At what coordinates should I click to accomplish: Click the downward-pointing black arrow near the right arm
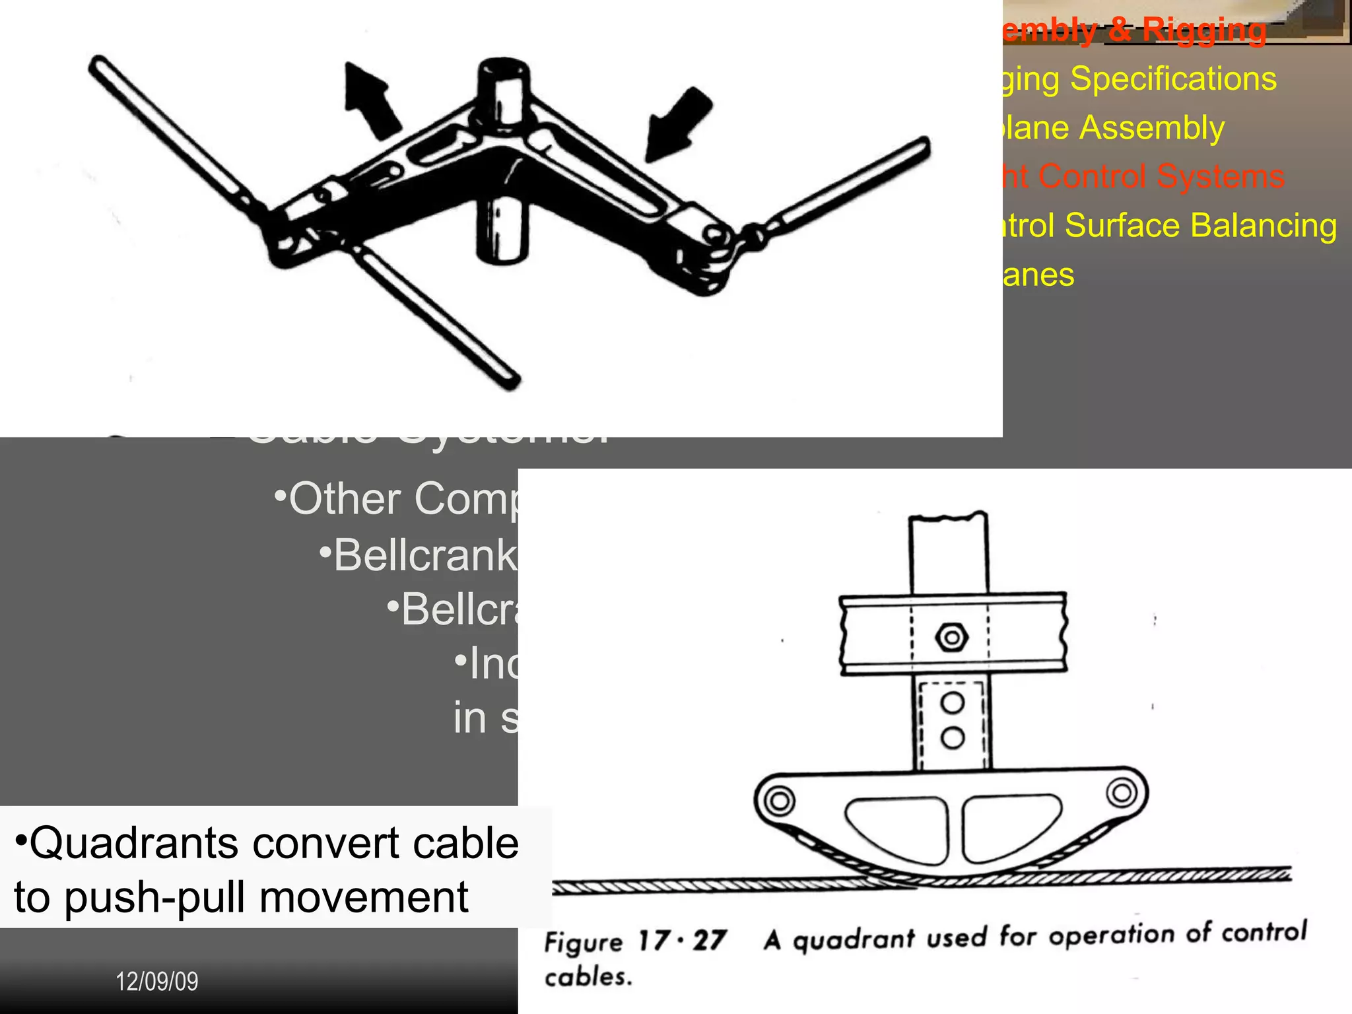(x=678, y=124)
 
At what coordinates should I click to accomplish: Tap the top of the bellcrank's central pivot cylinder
(x=503, y=70)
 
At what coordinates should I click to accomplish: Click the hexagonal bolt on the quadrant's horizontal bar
(x=951, y=638)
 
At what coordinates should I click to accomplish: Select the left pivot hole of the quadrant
(x=780, y=801)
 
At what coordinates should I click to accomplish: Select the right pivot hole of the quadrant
(x=1121, y=792)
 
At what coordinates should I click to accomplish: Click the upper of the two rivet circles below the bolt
(x=952, y=702)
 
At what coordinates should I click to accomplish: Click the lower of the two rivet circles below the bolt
(x=952, y=737)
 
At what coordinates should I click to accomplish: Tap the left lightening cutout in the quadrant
(x=896, y=828)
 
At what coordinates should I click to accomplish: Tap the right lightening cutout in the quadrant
(x=1008, y=827)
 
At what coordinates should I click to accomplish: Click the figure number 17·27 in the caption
(x=682, y=940)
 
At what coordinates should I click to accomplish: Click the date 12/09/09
(x=157, y=982)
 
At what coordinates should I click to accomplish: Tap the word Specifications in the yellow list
(x=1173, y=79)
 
